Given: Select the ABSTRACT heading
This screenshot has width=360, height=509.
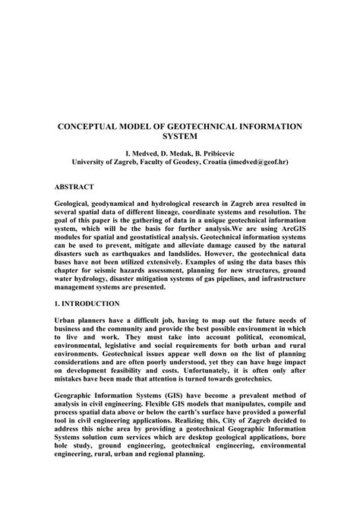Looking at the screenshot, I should pyautogui.click(x=74, y=186).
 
